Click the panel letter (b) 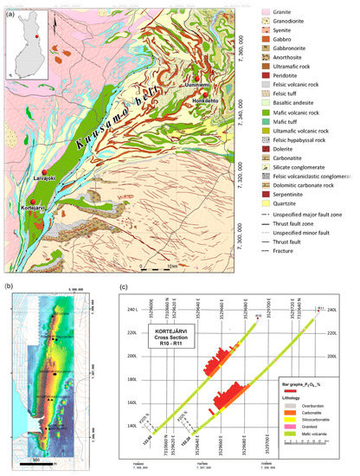pyautogui.click(x=9, y=283)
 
